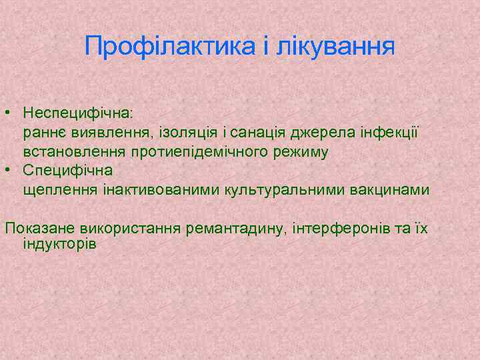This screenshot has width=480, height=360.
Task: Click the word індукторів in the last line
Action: tap(59, 244)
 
